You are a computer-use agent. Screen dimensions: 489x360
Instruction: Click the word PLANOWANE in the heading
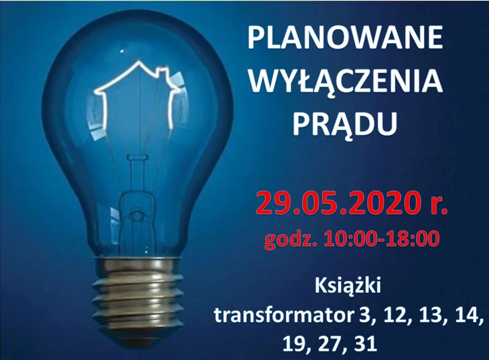tap(345, 38)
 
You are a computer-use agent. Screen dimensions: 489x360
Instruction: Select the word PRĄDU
tap(345, 124)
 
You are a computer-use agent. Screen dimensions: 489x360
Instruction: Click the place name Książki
tap(348, 286)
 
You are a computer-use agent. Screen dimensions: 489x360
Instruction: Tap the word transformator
tap(283, 315)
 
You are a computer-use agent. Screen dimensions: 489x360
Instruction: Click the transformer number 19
tap(295, 344)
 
